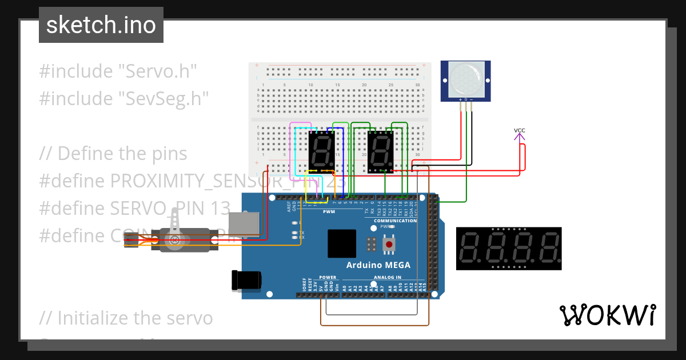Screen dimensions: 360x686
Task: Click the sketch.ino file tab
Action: (101, 25)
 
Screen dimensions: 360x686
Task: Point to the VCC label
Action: (519, 130)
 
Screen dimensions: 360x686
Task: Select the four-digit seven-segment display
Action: (509, 249)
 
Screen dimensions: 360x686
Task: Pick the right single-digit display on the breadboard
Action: (380, 151)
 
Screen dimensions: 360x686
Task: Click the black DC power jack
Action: (246, 279)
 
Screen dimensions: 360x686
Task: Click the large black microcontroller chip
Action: (342, 243)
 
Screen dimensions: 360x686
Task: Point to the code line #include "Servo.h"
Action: (118, 71)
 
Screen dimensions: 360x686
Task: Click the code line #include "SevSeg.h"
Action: (123, 98)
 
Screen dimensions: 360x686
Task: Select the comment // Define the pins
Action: (113, 154)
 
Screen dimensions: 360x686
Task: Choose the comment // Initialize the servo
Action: (126, 318)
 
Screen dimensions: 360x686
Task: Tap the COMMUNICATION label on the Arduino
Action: (395, 221)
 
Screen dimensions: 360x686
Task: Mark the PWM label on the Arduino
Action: (329, 211)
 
